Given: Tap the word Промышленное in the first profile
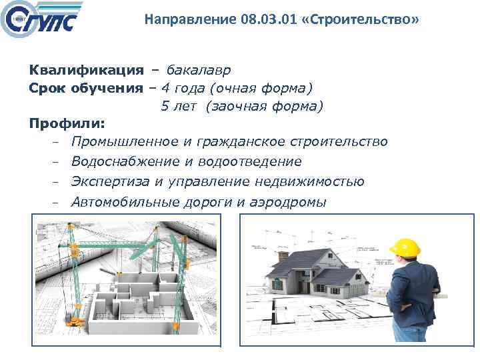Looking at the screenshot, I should [125, 141].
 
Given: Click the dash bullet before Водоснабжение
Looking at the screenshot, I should [58, 162].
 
